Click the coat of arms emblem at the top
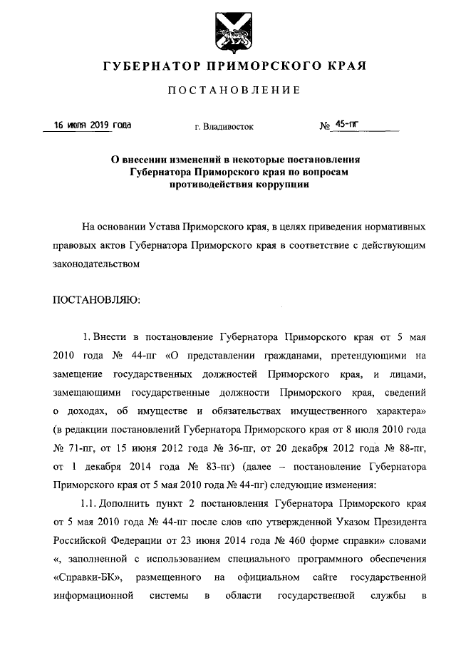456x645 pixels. [227, 33]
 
